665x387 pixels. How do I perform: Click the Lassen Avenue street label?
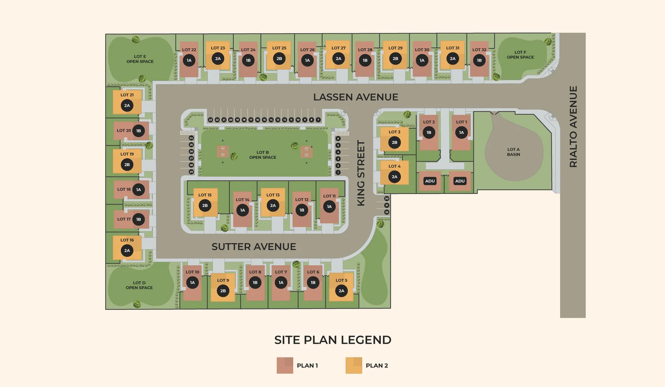click(355, 97)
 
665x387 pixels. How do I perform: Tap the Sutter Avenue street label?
click(254, 247)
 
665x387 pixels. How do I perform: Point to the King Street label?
click(361, 173)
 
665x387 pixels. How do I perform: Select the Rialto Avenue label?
click(573, 126)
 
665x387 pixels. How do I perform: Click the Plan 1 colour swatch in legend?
click(285, 365)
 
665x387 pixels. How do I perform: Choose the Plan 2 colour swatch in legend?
click(354, 365)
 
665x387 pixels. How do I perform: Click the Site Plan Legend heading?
click(332, 340)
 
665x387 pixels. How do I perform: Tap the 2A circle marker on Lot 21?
click(127, 106)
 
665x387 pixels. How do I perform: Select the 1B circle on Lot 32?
click(479, 60)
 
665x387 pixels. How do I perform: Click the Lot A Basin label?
click(513, 152)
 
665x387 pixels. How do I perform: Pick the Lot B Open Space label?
click(263, 155)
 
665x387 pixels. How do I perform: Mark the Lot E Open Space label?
click(140, 59)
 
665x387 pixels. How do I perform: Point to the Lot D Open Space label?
click(139, 285)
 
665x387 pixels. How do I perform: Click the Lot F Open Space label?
click(520, 55)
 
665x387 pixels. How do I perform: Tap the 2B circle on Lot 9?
click(223, 291)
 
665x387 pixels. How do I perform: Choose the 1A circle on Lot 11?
click(329, 206)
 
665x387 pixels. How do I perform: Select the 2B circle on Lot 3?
click(394, 143)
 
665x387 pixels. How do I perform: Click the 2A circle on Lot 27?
click(338, 59)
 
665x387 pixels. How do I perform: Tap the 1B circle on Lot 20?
click(139, 131)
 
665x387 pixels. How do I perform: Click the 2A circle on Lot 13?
click(273, 206)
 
